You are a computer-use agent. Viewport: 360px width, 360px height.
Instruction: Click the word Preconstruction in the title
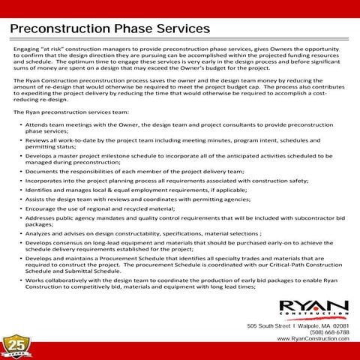65,28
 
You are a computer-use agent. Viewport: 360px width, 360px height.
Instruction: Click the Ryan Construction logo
313,307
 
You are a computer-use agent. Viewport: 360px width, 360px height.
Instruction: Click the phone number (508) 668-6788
329,332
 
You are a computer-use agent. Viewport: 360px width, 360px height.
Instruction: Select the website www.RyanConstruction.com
313,339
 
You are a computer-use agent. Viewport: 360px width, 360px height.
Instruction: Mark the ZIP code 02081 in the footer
341,325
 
